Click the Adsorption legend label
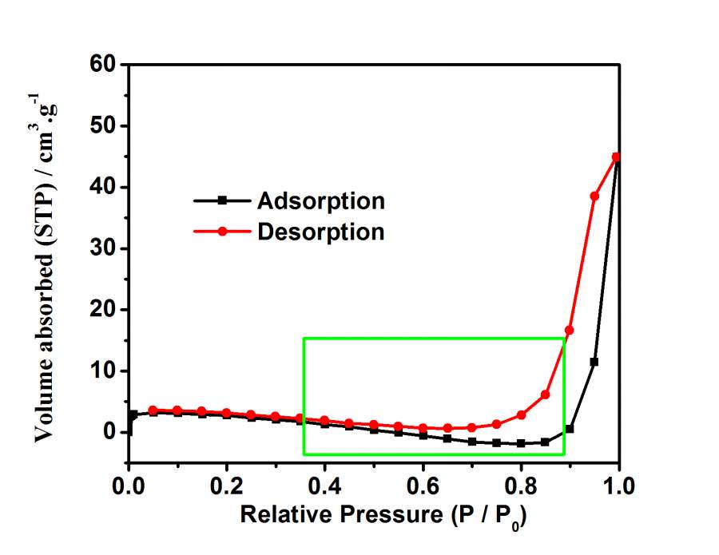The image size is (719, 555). tap(320, 200)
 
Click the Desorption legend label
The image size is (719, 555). tap(320, 232)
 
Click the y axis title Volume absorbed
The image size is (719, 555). tap(50, 268)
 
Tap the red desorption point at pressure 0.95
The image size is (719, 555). tap(594, 196)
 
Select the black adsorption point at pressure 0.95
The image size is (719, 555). tap(594, 362)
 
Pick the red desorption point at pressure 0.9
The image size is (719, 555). tap(570, 330)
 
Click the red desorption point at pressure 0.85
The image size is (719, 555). tap(545, 394)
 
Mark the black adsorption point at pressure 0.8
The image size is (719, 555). tap(521, 443)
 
